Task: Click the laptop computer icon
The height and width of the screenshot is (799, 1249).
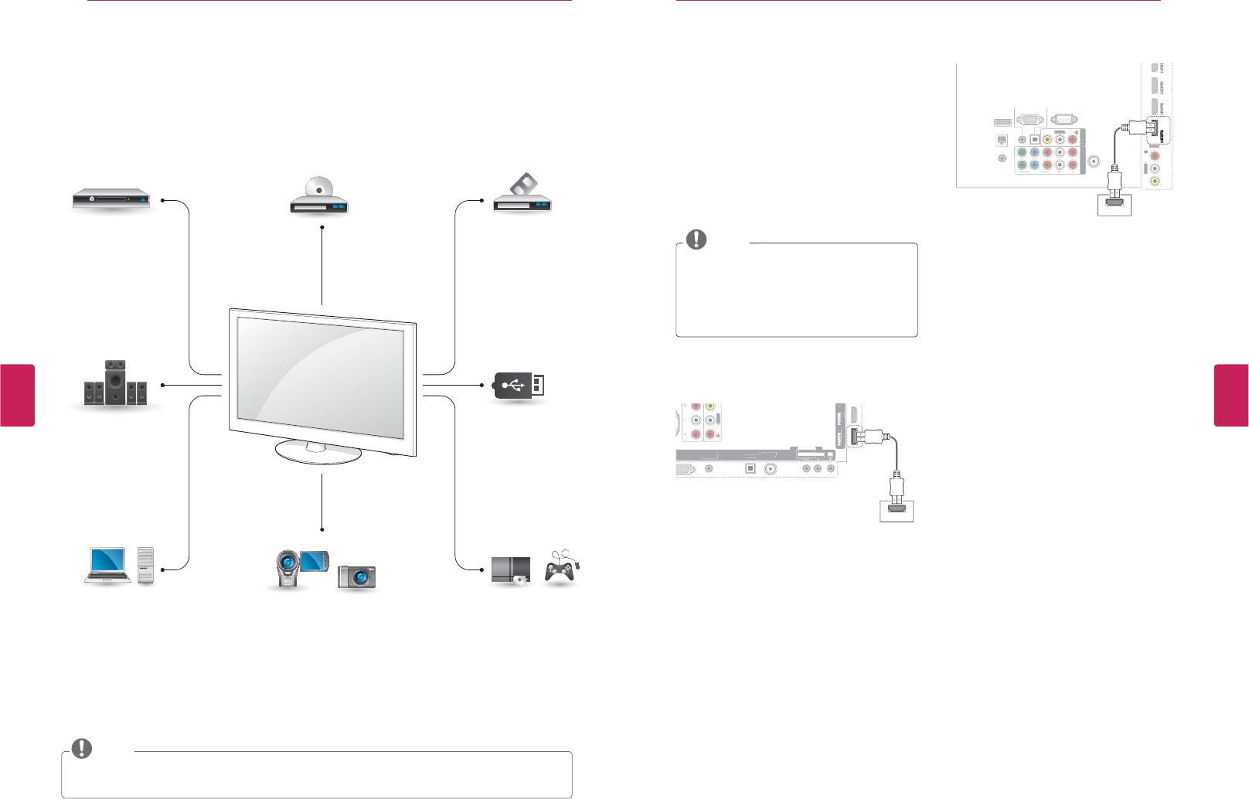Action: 107,565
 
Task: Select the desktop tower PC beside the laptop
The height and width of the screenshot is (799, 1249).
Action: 145,566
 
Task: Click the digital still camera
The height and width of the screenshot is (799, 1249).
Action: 356,576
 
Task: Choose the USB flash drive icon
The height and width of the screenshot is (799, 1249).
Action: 519,385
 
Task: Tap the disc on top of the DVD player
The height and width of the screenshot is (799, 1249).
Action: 318,188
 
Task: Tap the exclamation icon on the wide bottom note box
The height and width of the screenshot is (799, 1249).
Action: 81,748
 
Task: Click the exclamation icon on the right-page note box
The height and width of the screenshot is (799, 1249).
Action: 696,240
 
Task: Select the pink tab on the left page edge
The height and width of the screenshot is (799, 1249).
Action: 17,395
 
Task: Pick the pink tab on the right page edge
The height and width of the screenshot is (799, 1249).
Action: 1231,395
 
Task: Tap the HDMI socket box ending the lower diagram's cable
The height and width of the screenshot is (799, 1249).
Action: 897,510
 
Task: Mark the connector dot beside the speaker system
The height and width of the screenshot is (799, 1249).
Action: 162,385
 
